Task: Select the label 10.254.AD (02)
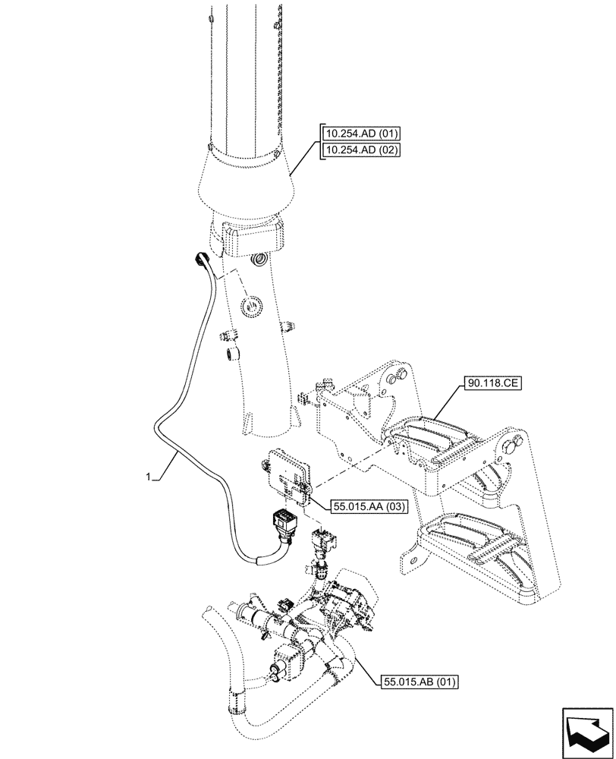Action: pyautogui.click(x=360, y=150)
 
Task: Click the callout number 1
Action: pyautogui.click(x=149, y=477)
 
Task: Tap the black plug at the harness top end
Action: pyautogui.click(x=200, y=260)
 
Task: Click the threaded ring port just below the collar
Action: pyautogui.click(x=259, y=262)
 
